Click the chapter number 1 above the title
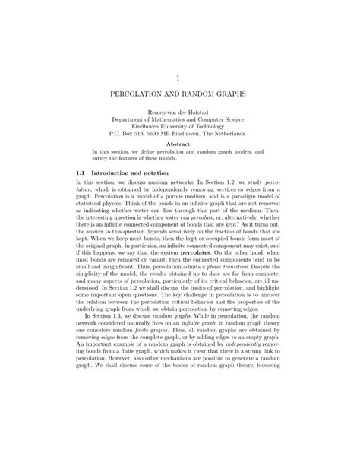tap(180, 78)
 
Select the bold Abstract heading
tap(180, 153)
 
